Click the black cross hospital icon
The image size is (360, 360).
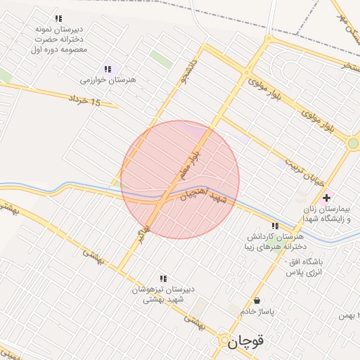coord(326,198)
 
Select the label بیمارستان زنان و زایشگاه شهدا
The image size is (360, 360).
coord(324,214)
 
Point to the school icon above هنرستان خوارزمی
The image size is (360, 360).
coord(108,69)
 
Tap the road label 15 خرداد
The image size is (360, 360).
coord(86,103)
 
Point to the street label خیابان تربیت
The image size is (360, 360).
coord(307,171)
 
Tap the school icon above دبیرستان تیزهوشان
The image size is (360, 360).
coord(164,278)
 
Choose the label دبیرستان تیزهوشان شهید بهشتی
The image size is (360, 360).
coord(164,294)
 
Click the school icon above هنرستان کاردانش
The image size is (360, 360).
coord(274,226)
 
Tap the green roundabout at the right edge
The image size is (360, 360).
coord(353,143)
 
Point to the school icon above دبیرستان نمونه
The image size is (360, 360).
coord(58,18)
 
